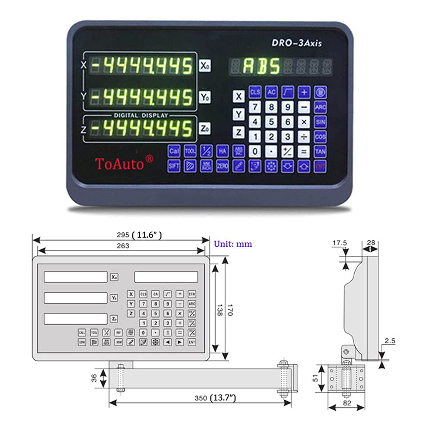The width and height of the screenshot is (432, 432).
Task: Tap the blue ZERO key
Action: (222, 166)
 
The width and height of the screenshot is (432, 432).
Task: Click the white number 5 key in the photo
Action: (271, 122)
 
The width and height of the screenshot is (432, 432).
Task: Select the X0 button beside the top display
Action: (205, 66)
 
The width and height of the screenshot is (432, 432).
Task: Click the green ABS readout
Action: (261, 67)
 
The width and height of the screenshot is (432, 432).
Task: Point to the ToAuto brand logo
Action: (124, 163)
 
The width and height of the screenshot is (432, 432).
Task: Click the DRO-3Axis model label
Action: (296, 43)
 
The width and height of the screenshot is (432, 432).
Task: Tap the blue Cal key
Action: (174, 151)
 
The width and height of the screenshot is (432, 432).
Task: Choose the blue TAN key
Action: (320, 151)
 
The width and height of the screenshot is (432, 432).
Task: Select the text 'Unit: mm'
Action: (233, 244)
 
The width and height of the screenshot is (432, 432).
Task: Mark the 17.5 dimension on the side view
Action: (340, 243)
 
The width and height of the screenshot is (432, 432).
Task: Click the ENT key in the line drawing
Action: (192, 342)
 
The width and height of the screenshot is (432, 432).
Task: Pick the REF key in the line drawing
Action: (118, 333)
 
